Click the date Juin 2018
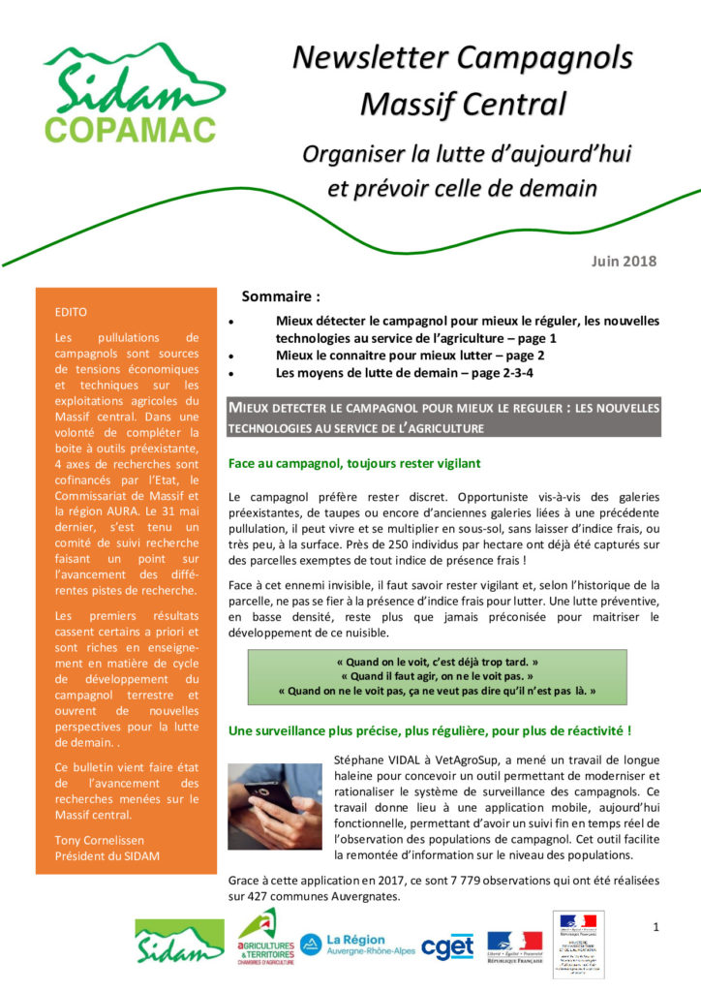(624, 261)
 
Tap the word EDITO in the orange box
(72, 312)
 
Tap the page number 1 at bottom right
(655, 927)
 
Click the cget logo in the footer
(447, 946)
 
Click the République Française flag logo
(514, 945)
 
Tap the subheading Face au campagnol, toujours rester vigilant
(353, 464)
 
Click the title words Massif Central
(462, 101)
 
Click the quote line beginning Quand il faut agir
(436, 674)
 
